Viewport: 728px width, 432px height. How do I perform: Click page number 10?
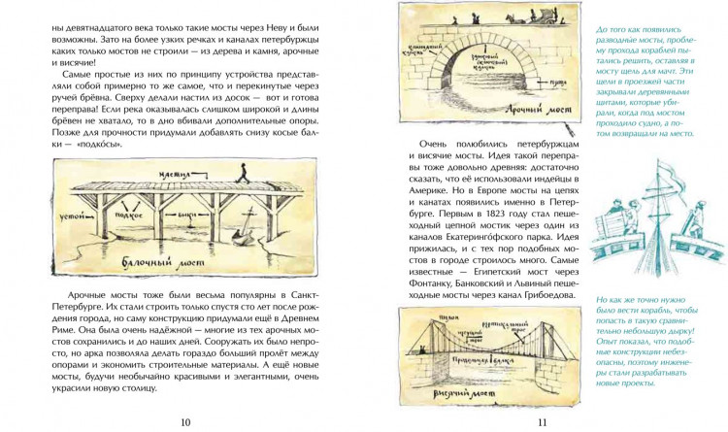185,419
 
